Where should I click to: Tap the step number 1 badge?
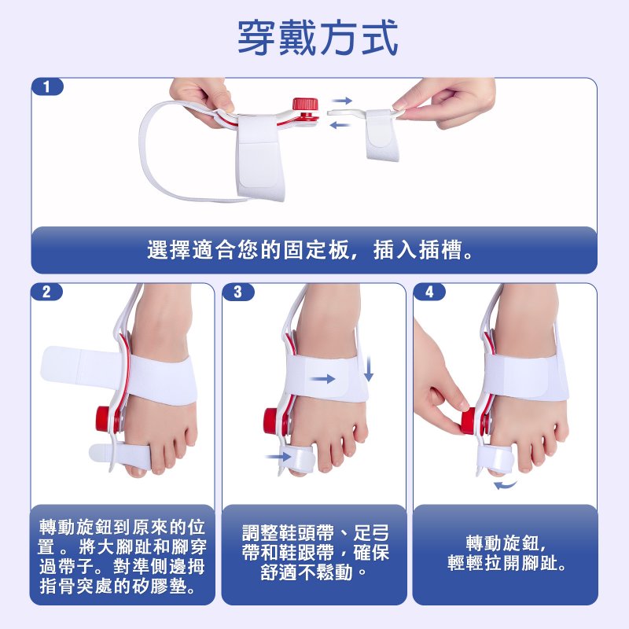(47, 86)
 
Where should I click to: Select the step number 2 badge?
(47, 292)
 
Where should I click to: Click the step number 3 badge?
(238, 292)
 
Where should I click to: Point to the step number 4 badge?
(429, 292)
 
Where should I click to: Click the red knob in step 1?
(305, 105)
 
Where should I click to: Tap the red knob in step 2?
(103, 419)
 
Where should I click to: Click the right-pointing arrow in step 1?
(342, 101)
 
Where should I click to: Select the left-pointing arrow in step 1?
(340, 126)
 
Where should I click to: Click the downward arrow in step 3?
(369, 369)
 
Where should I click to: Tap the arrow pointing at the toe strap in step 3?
(278, 456)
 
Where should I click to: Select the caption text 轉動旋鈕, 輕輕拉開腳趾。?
(506, 554)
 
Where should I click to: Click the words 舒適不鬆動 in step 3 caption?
(307, 572)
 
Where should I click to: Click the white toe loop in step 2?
(120, 457)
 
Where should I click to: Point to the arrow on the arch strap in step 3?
(322, 379)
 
